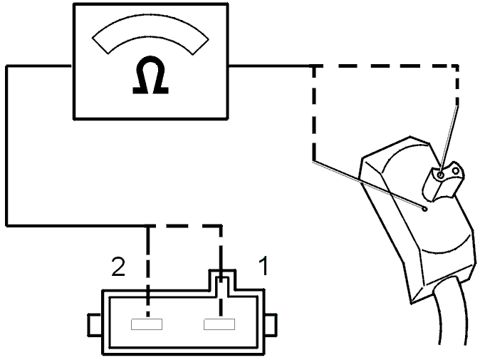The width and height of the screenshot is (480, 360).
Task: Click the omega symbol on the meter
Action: [150, 75]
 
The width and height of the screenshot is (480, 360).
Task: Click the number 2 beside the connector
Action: [118, 267]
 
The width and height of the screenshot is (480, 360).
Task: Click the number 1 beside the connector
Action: [264, 266]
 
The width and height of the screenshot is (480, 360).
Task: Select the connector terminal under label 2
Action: [147, 324]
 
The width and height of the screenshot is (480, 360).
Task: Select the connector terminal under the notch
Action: [219, 324]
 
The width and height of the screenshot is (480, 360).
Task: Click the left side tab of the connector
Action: [95, 325]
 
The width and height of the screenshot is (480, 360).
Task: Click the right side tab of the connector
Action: [271, 325]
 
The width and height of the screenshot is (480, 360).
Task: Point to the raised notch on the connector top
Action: [222, 279]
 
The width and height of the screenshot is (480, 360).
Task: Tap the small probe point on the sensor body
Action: [424, 209]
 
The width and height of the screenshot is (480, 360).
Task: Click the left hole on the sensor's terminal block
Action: [441, 175]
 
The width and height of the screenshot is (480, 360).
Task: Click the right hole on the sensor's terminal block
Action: [456, 171]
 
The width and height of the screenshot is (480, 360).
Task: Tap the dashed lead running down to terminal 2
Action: [148, 272]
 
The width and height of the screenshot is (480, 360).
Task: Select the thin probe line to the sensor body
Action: [369, 184]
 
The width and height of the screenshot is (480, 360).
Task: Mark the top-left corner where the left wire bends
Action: [6, 66]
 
